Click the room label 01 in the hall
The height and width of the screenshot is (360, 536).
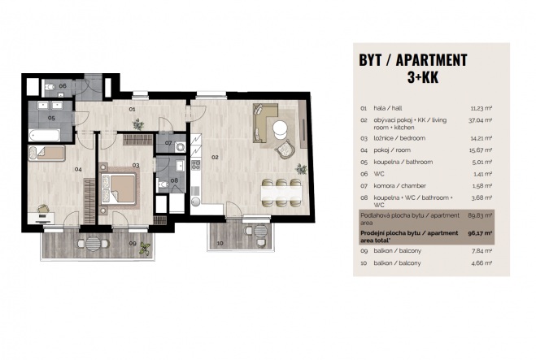(132, 109)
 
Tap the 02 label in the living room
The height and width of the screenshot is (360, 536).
(215, 157)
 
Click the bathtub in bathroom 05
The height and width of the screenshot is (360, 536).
(45, 135)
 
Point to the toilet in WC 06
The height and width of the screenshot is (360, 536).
(50, 86)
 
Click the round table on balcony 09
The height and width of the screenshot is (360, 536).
(93, 244)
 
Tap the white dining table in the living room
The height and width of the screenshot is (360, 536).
(281, 193)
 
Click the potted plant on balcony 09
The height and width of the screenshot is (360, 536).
(145, 249)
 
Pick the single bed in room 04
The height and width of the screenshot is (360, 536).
(46, 153)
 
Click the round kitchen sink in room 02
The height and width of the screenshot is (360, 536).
(195, 202)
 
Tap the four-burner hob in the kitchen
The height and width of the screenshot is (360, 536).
(195, 165)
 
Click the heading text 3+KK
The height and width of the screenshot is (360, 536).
(422, 77)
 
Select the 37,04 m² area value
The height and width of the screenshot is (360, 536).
(480, 120)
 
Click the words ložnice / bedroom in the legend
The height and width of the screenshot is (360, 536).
(399, 138)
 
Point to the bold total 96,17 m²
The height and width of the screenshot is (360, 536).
(480, 233)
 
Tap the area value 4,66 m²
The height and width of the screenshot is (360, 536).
(482, 263)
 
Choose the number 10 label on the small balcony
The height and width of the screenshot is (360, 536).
(220, 243)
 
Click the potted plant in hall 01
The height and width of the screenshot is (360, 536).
(138, 124)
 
